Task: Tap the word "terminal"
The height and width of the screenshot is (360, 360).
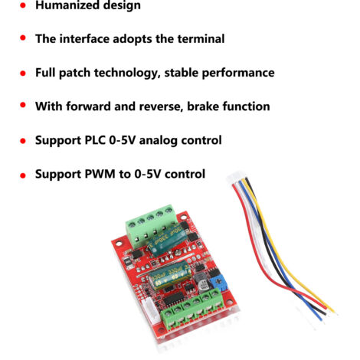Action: pos(201,39)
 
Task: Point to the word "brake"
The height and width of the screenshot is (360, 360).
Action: pos(203,106)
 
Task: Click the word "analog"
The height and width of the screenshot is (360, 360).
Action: pos(158,141)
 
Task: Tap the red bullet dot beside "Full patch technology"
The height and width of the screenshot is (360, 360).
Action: pos(23,74)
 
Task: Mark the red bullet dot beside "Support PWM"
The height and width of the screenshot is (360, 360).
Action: pos(23,175)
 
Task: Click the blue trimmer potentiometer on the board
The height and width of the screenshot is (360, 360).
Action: pos(218,283)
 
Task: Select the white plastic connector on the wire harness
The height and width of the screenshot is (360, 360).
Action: pos(237,176)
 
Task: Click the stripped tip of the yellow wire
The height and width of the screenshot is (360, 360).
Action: pos(332,310)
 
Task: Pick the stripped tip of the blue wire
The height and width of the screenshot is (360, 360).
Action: pos(321,319)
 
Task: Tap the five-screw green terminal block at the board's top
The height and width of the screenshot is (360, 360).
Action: pos(152,226)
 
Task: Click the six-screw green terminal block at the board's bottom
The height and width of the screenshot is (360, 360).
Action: pos(192,309)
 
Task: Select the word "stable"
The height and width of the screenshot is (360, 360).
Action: pos(182,73)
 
